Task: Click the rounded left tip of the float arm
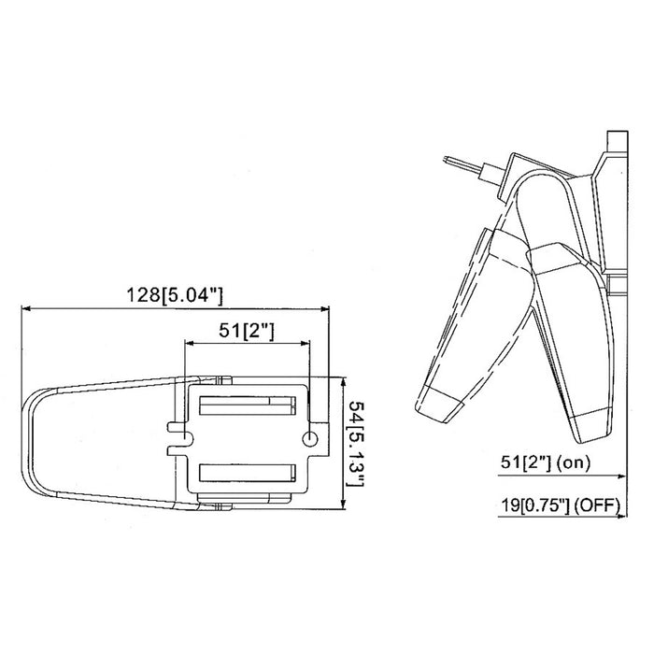28,439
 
